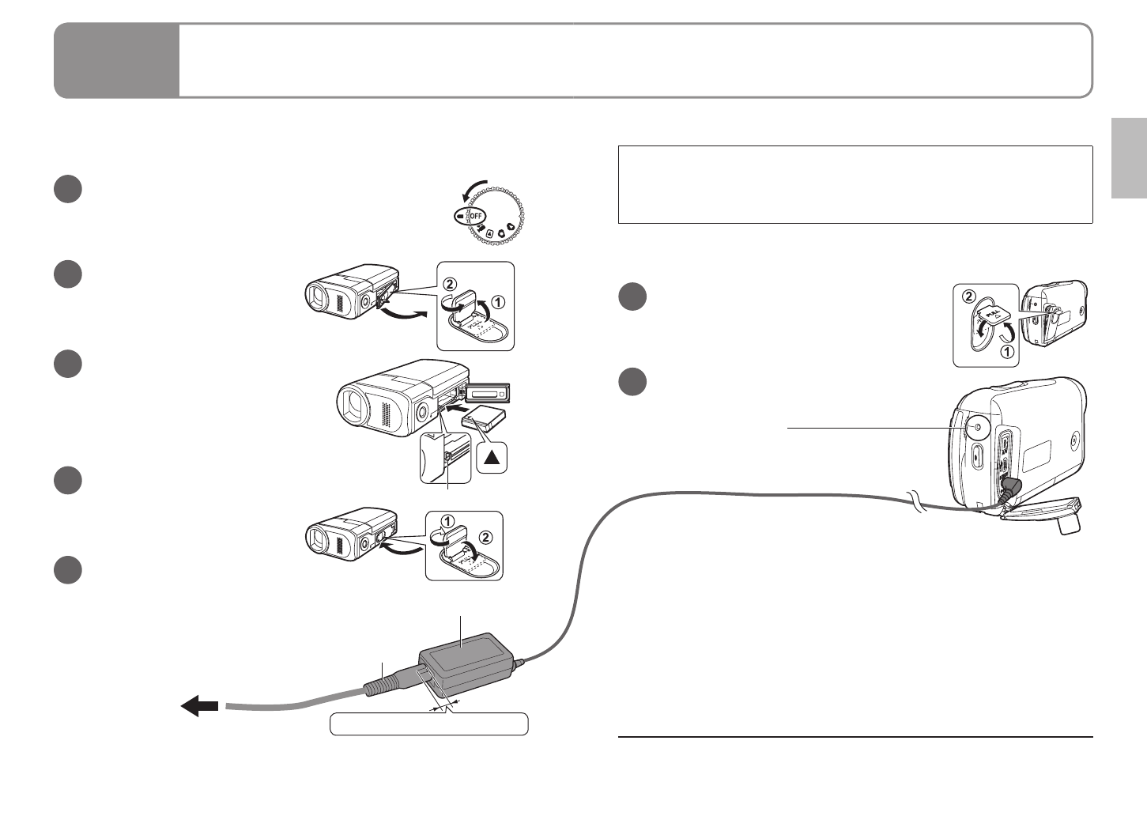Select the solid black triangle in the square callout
pos(492,457)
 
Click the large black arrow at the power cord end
pos(199,705)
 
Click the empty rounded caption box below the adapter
pos(428,723)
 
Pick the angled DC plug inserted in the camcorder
pos(1009,489)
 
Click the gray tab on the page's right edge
pos(1129,158)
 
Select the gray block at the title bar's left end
pos(117,60)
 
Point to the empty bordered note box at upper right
pos(855,184)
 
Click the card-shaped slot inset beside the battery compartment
pos(489,391)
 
